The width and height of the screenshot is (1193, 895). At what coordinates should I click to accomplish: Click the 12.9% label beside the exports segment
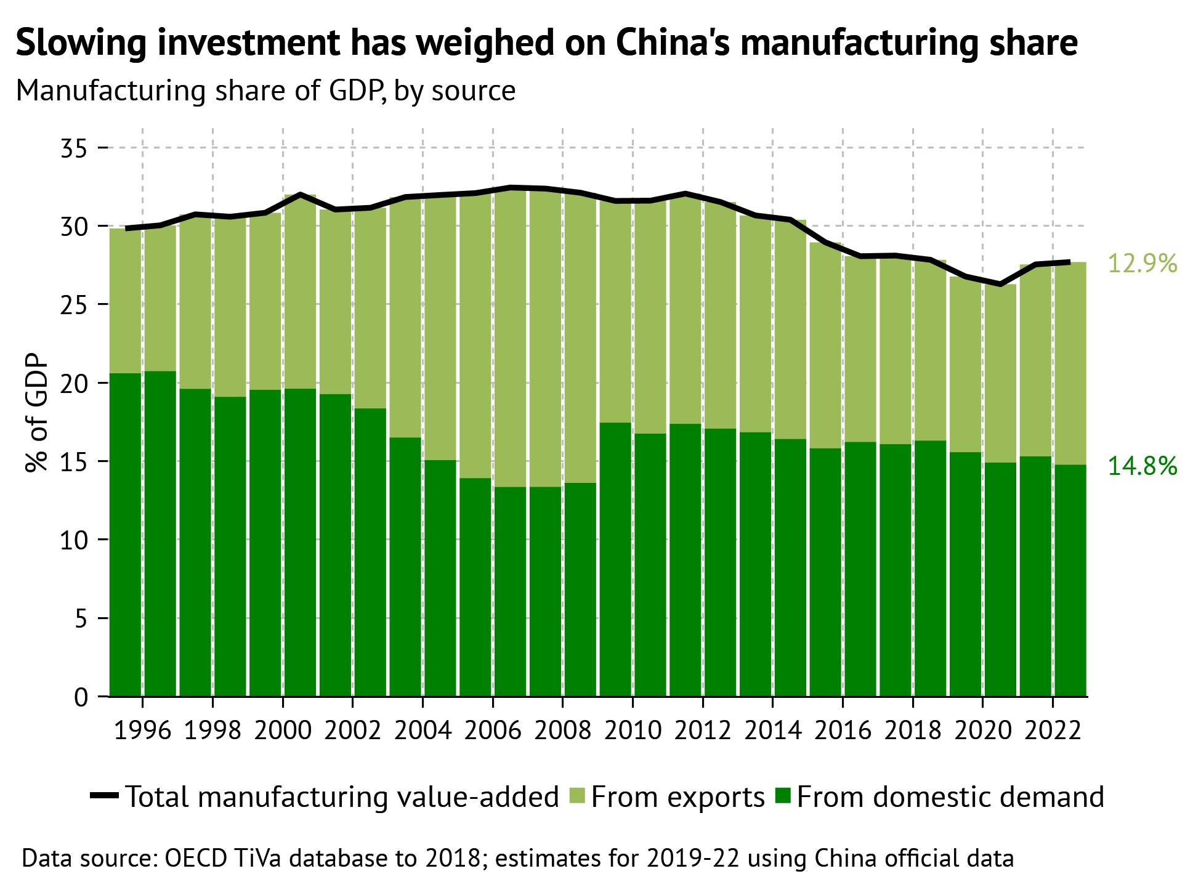tap(1142, 264)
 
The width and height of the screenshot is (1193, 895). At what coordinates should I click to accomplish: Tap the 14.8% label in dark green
tap(1142, 466)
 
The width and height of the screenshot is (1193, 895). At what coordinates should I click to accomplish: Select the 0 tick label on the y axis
tap(81, 697)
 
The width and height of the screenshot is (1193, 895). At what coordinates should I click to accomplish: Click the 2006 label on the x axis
tap(492, 731)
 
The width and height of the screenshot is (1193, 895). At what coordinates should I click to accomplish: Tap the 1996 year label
tap(142, 731)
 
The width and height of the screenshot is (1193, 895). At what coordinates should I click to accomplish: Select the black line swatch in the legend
tap(104, 796)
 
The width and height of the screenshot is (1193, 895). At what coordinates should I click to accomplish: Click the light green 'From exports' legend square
tap(576, 796)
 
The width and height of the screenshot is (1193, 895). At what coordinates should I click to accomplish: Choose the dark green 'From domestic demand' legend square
tap(782, 796)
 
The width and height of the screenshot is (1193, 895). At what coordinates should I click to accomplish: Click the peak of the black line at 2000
tap(300, 195)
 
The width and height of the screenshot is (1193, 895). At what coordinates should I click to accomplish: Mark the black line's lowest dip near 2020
tap(1000, 284)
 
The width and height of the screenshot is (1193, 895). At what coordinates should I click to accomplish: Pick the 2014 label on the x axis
tap(772, 731)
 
